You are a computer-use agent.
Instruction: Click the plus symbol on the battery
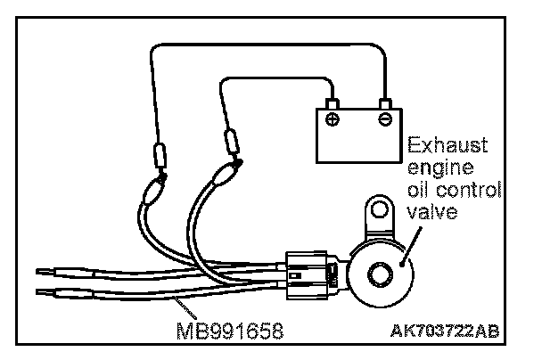pos(333,119)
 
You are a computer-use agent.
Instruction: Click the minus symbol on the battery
pos(384,119)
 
